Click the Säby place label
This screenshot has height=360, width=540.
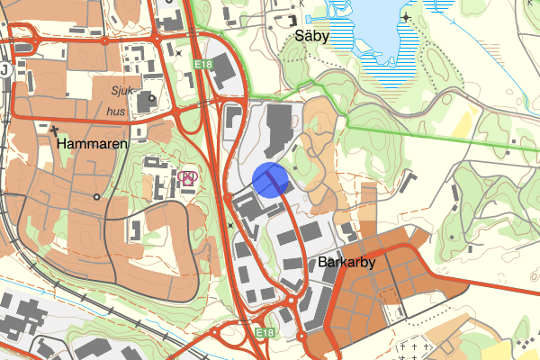(x=312, y=37)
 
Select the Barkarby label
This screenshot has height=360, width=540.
(x=346, y=263)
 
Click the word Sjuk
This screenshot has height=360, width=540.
(x=121, y=91)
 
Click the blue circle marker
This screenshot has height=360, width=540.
(x=271, y=178)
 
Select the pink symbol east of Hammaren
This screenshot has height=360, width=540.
(x=187, y=176)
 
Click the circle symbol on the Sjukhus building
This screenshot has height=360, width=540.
(x=152, y=97)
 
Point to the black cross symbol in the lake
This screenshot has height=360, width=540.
(x=407, y=16)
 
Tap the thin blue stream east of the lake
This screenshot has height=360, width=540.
(x=450, y=13)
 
